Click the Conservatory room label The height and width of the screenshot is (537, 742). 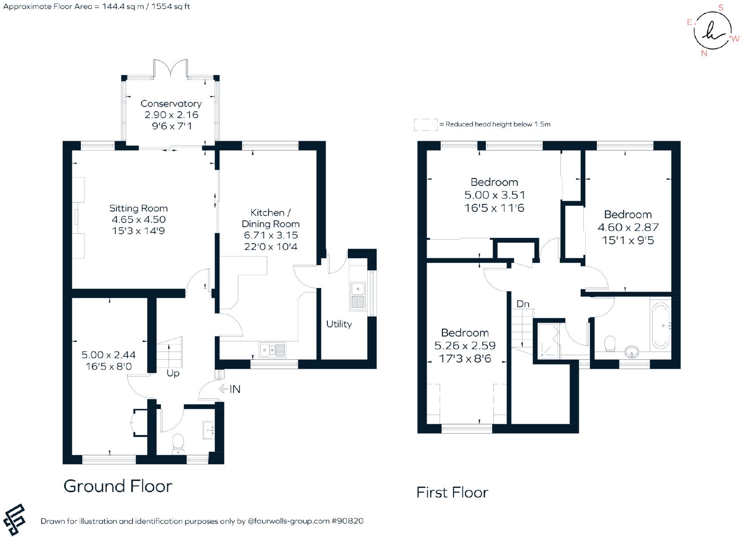pyautogui.click(x=171, y=104)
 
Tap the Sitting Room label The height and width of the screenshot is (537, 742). pyautogui.click(x=139, y=208)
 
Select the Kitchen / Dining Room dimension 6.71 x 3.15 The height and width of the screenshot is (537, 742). pyautogui.click(x=271, y=235)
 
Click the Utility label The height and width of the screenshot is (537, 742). pyautogui.click(x=339, y=324)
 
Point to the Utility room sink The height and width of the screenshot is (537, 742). pyautogui.click(x=358, y=296)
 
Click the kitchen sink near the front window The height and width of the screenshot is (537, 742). pyautogui.click(x=272, y=350)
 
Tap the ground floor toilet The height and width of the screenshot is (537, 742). pyautogui.click(x=178, y=444)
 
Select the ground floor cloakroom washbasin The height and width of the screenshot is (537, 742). pyautogui.click(x=208, y=430)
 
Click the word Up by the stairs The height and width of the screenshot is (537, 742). pyautogui.click(x=173, y=373)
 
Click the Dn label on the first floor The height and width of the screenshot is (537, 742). pyautogui.click(x=523, y=304)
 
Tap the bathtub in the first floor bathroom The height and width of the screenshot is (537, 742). pyautogui.click(x=661, y=326)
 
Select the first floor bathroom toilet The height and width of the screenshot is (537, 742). pyautogui.click(x=610, y=344)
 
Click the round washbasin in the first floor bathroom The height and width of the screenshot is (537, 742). pyautogui.click(x=633, y=352)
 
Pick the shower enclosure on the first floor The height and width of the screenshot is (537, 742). pyautogui.click(x=548, y=341)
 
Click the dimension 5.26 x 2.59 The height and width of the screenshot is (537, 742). pyautogui.click(x=465, y=346)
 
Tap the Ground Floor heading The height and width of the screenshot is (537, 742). pyautogui.click(x=118, y=486)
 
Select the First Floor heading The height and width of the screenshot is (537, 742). pyautogui.click(x=452, y=492)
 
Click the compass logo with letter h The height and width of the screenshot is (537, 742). pyautogui.click(x=712, y=31)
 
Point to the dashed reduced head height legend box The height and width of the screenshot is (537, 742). pyautogui.click(x=426, y=125)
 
